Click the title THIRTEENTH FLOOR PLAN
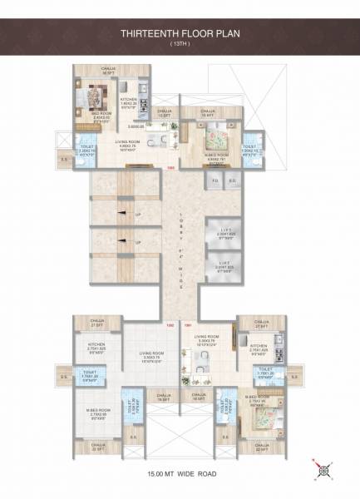point(180,34)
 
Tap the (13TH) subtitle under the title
point(180,43)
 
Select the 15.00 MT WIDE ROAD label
point(180,475)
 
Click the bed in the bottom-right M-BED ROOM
point(258,405)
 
